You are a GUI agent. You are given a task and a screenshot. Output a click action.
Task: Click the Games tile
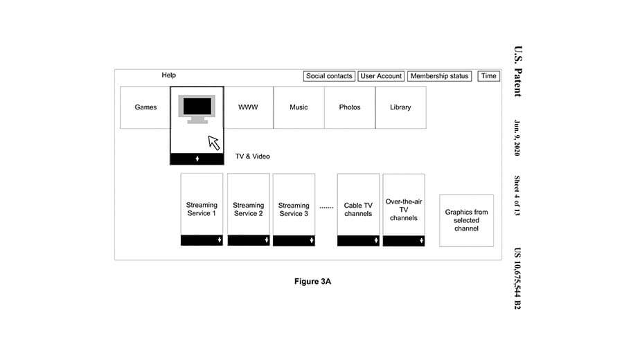(145, 107)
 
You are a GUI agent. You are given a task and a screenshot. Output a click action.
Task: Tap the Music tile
(299, 107)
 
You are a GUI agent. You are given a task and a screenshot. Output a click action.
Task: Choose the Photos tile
(350, 107)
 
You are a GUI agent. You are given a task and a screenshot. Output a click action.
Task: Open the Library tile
(400, 107)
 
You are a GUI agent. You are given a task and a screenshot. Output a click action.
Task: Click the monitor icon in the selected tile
(197, 108)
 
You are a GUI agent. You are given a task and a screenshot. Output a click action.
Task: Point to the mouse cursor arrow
(213, 143)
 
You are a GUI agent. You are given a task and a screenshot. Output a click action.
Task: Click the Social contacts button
(330, 76)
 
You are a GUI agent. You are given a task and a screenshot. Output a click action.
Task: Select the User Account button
(381, 76)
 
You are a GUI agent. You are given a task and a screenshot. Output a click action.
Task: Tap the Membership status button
(439, 76)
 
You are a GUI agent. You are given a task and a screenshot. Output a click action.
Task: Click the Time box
(489, 76)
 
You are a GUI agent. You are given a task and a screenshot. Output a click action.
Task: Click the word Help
(169, 75)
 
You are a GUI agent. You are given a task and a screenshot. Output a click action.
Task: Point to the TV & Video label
(253, 156)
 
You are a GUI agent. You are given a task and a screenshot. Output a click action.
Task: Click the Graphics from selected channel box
(466, 220)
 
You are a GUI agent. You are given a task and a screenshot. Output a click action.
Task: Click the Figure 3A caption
(313, 281)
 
